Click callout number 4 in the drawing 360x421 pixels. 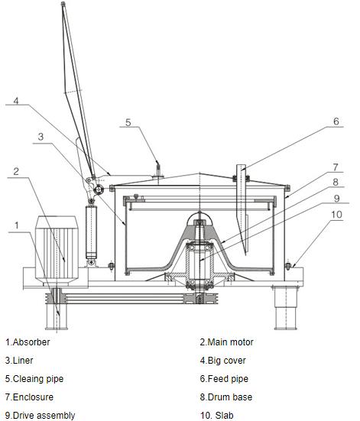click(x=16, y=101)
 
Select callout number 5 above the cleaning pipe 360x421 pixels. click(x=128, y=122)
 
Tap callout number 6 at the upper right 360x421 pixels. click(x=336, y=121)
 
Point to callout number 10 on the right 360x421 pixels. click(x=336, y=215)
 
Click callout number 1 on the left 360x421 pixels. click(x=17, y=225)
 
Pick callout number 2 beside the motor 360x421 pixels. click(x=16, y=171)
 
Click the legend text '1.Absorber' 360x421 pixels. click(x=28, y=342)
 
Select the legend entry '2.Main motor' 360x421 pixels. click(x=226, y=342)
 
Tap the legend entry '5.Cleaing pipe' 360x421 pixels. click(x=34, y=379)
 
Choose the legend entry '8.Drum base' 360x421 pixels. click(x=226, y=397)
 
